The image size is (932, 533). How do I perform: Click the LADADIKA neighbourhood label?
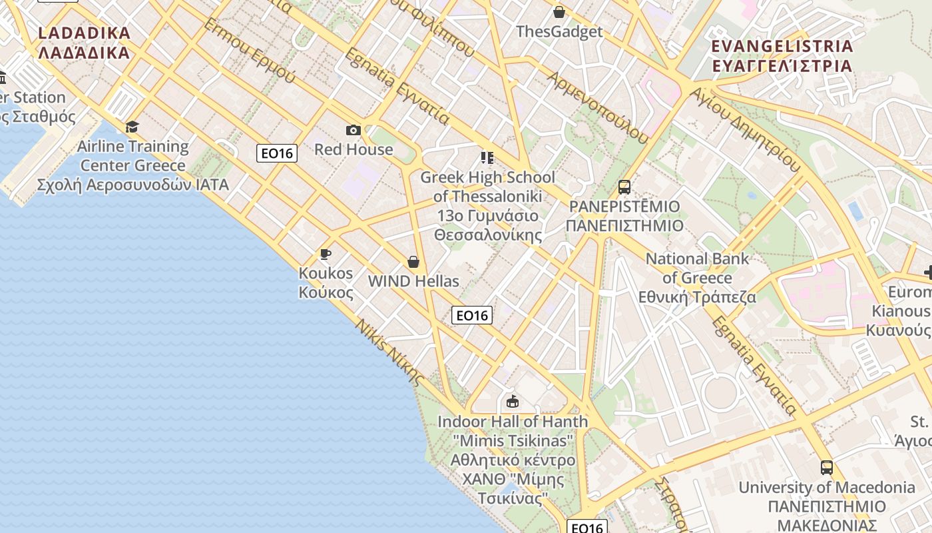click(x=84, y=43)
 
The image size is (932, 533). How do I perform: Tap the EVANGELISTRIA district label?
click(x=782, y=56)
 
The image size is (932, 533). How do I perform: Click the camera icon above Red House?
click(x=353, y=130)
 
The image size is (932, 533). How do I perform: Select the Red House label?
click(x=353, y=149)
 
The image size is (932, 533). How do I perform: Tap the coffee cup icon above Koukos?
click(x=326, y=254)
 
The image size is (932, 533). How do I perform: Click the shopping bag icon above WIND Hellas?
click(x=413, y=262)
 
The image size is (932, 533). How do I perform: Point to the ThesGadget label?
click(x=559, y=31)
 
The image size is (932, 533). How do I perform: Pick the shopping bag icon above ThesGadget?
click(x=559, y=12)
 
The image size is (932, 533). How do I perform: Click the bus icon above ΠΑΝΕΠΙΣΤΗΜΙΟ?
click(x=624, y=187)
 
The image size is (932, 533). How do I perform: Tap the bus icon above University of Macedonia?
click(x=827, y=468)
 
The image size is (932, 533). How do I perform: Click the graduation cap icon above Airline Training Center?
click(x=132, y=127)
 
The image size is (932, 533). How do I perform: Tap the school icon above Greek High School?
click(x=487, y=158)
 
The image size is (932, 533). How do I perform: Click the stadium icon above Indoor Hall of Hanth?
click(x=513, y=402)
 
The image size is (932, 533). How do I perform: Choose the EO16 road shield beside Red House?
click(x=277, y=153)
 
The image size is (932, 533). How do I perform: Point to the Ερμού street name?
click(x=250, y=51)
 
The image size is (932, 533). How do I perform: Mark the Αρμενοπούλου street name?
click(x=597, y=107)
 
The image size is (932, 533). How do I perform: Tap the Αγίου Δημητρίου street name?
click(x=746, y=130)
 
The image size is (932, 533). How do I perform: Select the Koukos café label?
click(x=326, y=282)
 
